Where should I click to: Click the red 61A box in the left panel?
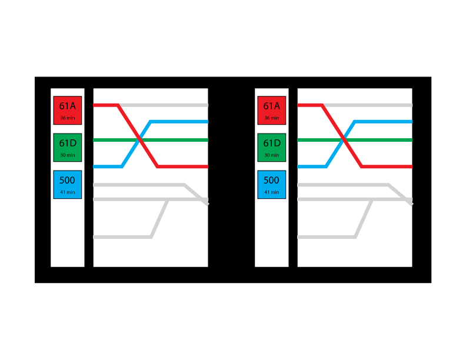(68, 110)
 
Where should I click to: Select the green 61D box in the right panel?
(272, 147)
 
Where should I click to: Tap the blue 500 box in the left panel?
(68, 185)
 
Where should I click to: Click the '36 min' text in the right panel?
(272, 118)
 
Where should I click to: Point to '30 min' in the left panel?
(68, 155)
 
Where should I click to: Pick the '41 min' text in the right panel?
(272, 192)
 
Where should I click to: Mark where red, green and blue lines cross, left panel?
(139, 140)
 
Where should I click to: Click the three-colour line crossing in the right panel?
(344, 140)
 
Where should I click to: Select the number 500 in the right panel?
(271, 180)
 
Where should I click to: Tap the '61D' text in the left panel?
(68, 143)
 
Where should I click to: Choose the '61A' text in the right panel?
(272, 106)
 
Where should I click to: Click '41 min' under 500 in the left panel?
(68, 192)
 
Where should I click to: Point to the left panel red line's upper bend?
(118, 105)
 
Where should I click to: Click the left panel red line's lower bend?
(158, 166)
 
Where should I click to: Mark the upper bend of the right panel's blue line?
(355, 122)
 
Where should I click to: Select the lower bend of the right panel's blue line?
(327, 166)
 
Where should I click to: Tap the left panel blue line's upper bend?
(151, 122)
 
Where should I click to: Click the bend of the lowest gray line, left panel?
(151, 236)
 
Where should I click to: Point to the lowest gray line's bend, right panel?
(355, 236)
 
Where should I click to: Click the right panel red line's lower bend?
(362, 166)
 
